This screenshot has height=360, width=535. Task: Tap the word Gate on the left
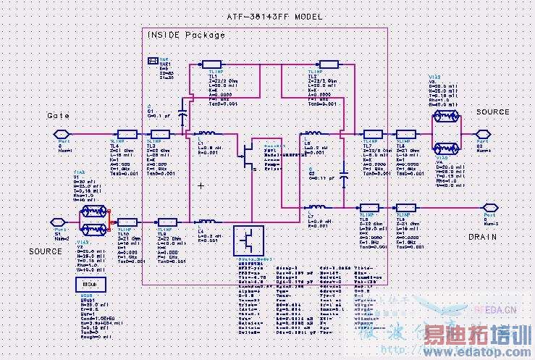click(59, 115)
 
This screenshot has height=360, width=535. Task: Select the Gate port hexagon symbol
click(62, 134)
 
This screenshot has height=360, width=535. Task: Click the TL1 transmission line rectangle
click(211, 64)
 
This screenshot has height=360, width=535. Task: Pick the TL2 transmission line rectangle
click(329, 64)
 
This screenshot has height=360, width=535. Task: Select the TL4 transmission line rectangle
click(127, 134)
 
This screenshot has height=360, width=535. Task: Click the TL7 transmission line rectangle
click(372, 134)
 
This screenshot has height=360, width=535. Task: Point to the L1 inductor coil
click(206, 134)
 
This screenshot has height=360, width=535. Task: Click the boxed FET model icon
click(248, 239)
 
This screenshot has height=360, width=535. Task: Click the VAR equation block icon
click(153, 61)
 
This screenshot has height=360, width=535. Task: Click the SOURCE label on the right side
click(492, 112)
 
